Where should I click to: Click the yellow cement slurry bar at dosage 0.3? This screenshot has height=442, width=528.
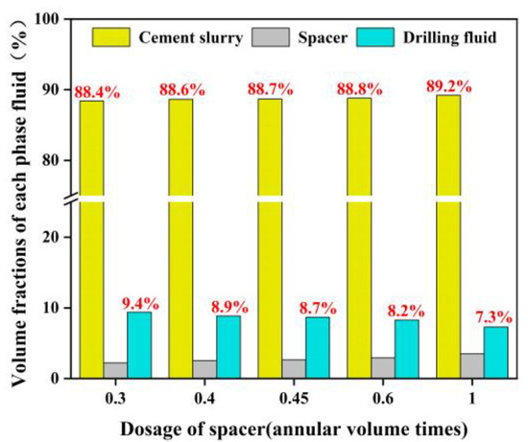[x=92, y=240]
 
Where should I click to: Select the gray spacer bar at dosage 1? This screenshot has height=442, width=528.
[x=471, y=366]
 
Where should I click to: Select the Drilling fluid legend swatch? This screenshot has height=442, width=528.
[x=384, y=37]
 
